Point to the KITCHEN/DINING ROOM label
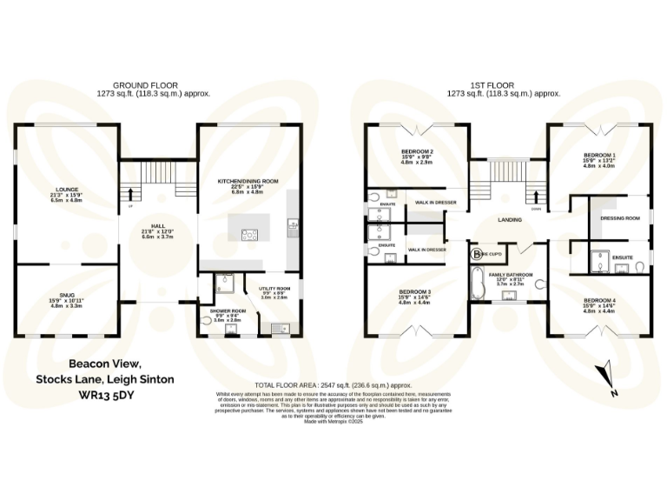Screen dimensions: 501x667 click(248, 181)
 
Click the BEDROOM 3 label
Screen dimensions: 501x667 click(415, 291)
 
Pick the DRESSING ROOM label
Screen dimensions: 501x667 click(620, 217)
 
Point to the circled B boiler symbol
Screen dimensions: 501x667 click(476, 255)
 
